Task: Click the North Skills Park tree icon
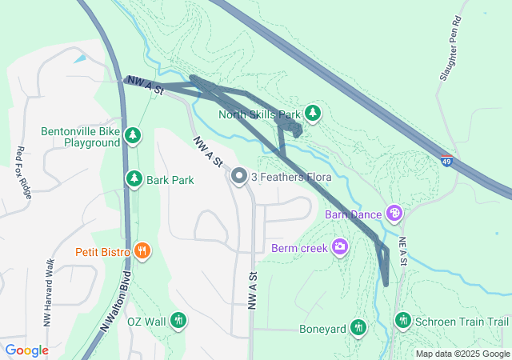tap(313, 113)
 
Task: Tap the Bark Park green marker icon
tap(134, 180)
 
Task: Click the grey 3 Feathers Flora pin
tap(238, 176)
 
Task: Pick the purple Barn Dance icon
tap(394, 214)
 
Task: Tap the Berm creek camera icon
tap(340, 247)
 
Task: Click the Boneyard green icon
tap(358, 328)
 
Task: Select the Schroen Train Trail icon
tap(403, 321)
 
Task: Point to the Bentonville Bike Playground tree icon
tap(134, 137)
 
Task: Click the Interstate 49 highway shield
tap(446, 161)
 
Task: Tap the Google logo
tap(26, 350)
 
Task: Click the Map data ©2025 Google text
tap(462, 354)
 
